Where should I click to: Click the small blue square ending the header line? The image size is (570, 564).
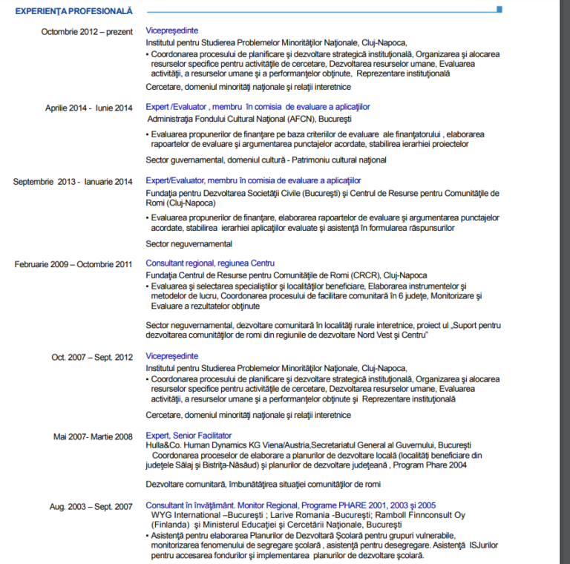[499, 10]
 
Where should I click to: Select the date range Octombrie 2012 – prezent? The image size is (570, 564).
[87, 32]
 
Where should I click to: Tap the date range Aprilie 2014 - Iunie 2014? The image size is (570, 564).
[88, 108]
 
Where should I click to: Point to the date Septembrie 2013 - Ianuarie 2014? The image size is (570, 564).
[73, 181]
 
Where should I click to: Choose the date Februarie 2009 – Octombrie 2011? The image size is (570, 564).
[73, 263]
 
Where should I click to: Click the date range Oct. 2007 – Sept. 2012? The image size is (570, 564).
[92, 357]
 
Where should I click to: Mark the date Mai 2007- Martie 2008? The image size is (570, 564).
[93, 436]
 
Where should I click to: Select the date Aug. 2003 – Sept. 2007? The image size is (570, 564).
[91, 507]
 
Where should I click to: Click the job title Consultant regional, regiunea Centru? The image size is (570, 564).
[210, 263]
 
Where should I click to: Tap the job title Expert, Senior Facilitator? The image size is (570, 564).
[189, 436]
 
